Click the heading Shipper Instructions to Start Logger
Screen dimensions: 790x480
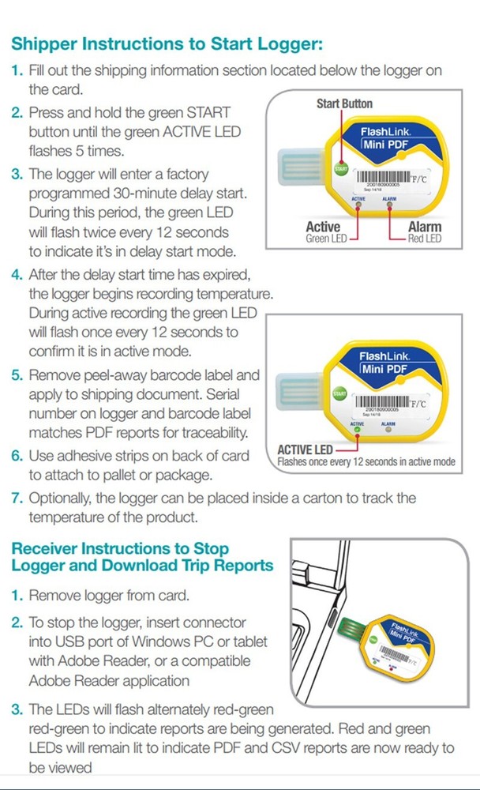167,44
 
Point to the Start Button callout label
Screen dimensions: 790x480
344,103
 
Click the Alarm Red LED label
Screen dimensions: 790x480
425,232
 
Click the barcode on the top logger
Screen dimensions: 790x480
385,175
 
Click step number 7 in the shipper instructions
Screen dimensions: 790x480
17,498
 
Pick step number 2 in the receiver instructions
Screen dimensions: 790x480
17,623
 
